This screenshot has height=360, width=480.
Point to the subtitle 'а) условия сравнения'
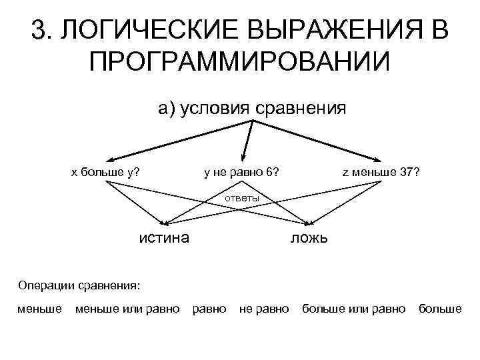pyautogui.click(x=252, y=108)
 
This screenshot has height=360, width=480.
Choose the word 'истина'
pyautogui.click(x=163, y=237)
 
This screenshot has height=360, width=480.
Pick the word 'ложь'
pyautogui.click(x=308, y=238)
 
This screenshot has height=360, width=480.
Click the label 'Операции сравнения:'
pyautogui.click(x=79, y=285)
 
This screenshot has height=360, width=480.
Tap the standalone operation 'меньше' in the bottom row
pyautogui.click(x=40, y=309)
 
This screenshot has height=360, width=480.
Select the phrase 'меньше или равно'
pyautogui.click(x=127, y=309)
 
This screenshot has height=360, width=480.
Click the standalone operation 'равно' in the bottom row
pyautogui.click(x=209, y=309)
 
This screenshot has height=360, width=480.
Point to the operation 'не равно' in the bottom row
pyautogui.click(x=264, y=309)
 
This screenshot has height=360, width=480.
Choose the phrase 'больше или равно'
pyautogui.click(x=354, y=309)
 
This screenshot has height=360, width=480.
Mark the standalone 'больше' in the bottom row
pyautogui.click(x=440, y=309)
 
